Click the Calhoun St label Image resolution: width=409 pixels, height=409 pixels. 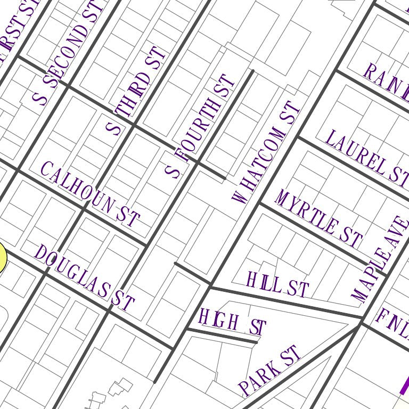coord(90,194)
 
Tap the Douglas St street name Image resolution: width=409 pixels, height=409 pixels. coord(84,278)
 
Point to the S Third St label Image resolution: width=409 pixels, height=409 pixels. coord(136,92)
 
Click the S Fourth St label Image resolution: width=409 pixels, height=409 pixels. coord(200,126)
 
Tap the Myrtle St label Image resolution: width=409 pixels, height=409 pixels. coord(318,218)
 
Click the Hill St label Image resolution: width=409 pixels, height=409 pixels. coord(277,284)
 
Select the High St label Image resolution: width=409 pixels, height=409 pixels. coord(232,323)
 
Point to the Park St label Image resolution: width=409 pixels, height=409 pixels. coord(269,370)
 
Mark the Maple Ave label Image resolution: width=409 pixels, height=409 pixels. coord(380,258)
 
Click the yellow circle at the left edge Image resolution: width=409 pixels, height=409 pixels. coord(2,258)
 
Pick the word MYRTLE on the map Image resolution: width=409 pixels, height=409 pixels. coord(306,212)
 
